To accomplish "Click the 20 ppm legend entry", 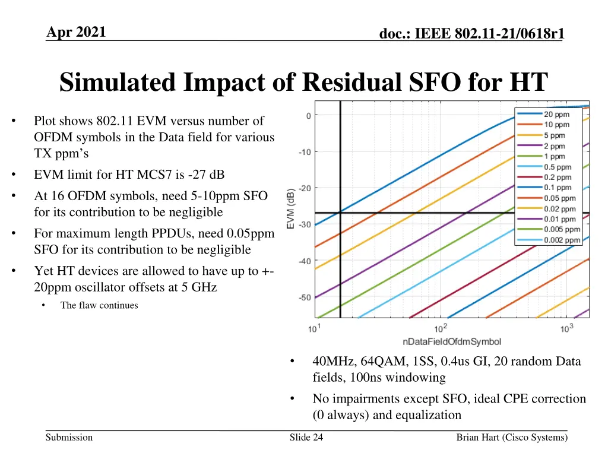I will [x=556, y=114].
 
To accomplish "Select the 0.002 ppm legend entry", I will [x=562, y=240].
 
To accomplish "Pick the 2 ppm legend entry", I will [x=555, y=146].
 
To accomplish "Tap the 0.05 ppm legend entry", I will [x=560, y=198].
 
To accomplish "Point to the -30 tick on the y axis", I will [x=304, y=224].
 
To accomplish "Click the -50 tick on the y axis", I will [x=304, y=297].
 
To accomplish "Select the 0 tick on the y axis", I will [x=308, y=115].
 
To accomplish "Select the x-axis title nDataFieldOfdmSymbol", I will [x=451, y=341].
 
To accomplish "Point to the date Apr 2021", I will [x=77, y=32].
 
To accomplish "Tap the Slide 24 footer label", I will [x=306, y=438].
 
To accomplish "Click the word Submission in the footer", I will [x=69, y=438].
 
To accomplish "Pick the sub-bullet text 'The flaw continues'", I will [x=99, y=305].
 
